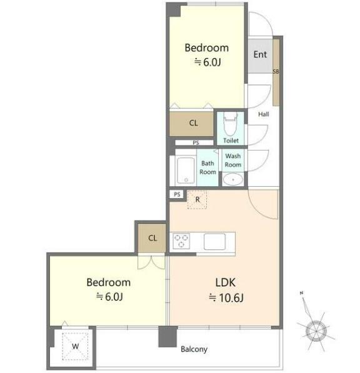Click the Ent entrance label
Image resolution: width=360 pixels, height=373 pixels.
coord(260,54)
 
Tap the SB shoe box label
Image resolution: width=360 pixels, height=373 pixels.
coord(276,71)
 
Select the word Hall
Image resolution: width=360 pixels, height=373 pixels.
coord(264,114)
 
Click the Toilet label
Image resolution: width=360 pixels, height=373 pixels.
coord(231,141)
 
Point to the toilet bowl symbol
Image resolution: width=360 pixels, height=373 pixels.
coord(231,124)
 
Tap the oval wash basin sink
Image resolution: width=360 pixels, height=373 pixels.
coord(232,179)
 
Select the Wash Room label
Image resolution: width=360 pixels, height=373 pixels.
coord(233,161)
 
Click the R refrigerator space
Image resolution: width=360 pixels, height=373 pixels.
coord(197,199)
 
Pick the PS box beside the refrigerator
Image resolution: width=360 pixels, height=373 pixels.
coord(177,194)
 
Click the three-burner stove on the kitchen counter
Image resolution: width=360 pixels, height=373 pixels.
coord(181,241)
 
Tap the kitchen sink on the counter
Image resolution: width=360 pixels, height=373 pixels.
coord(214,241)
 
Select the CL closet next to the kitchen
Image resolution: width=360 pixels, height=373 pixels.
coord(152,238)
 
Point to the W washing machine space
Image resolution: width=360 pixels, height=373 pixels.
coord(75,346)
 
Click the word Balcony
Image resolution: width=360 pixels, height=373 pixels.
coord(194,349)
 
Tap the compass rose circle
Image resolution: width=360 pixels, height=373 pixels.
coord(316,331)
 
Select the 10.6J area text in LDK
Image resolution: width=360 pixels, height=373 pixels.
coord(226,297)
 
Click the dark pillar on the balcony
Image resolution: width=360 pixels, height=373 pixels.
coord(167,336)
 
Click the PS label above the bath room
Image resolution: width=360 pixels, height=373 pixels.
coord(196,142)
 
